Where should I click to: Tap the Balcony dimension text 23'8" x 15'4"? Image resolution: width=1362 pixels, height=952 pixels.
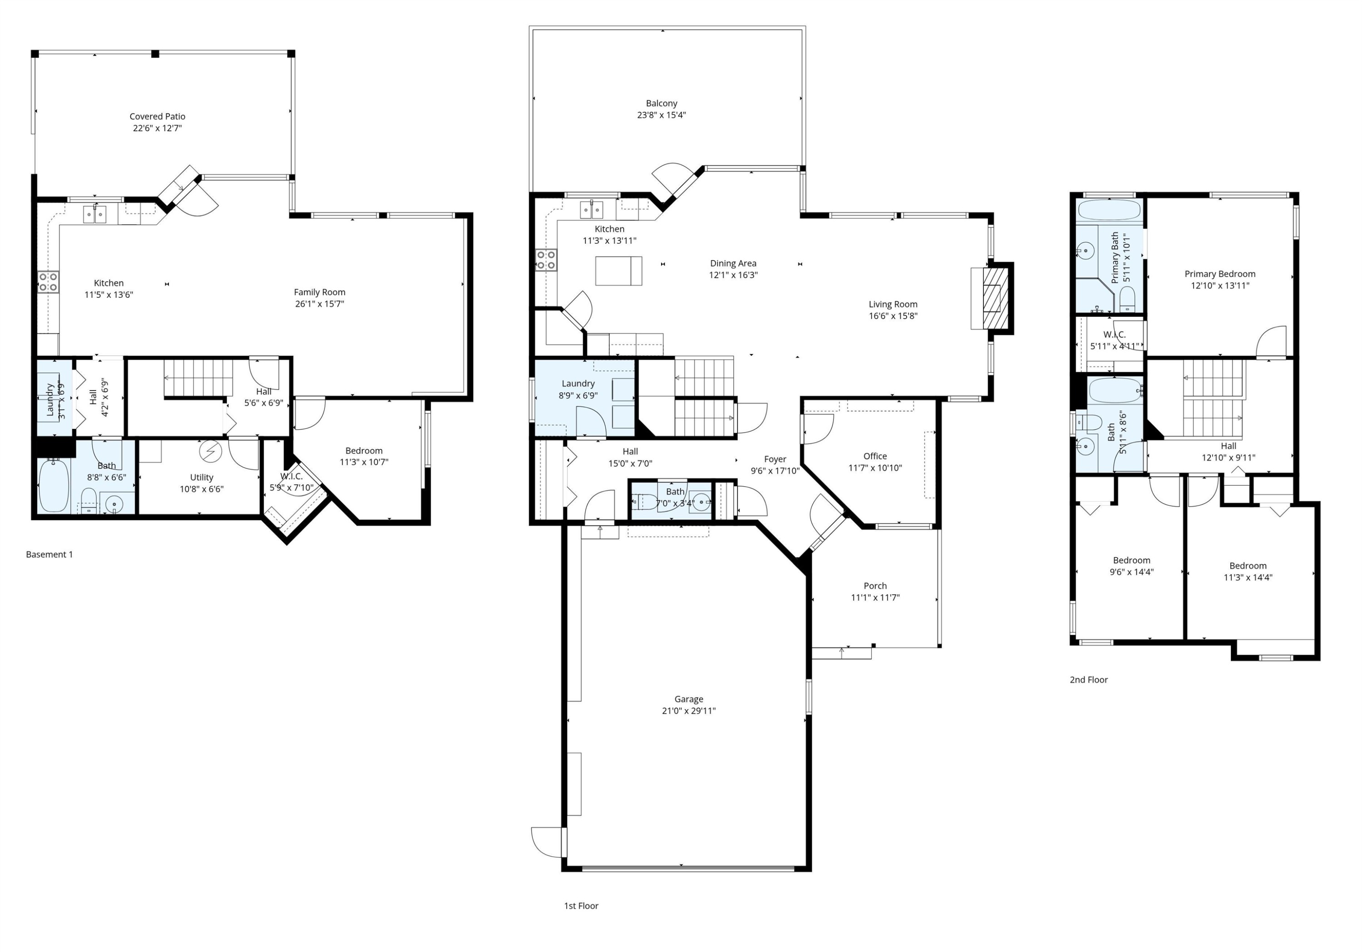(x=661, y=115)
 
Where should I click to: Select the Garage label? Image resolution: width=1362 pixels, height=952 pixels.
(x=689, y=699)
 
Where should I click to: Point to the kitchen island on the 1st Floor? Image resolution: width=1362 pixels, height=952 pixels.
(x=619, y=271)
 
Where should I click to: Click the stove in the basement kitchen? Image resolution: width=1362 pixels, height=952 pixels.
(x=49, y=282)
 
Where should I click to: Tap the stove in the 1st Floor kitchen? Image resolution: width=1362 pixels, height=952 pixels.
(x=546, y=260)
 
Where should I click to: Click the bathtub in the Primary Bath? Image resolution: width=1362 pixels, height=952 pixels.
(x=1109, y=211)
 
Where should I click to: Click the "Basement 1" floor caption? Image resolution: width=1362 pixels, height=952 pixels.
(x=49, y=555)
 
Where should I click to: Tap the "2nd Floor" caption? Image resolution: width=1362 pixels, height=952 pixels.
(x=1089, y=680)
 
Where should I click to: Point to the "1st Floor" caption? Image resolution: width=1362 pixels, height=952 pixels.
(x=581, y=906)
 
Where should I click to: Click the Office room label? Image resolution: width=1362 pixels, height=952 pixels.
(x=875, y=456)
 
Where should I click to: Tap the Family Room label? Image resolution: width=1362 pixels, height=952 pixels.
(x=319, y=292)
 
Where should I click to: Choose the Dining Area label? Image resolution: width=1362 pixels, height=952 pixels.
(x=733, y=263)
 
